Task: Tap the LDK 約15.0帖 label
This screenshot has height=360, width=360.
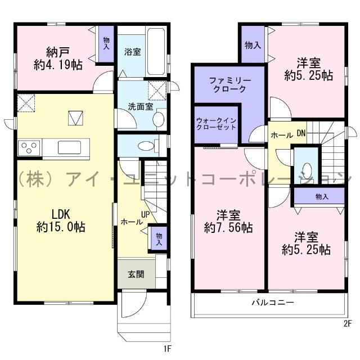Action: click(x=61, y=221)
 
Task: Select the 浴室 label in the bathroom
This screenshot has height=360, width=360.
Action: click(x=132, y=52)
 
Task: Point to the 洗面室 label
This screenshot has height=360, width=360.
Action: click(x=136, y=105)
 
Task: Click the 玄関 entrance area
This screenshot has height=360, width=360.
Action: click(x=135, y=274)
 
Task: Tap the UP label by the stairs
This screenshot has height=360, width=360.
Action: click(x=145, y=215)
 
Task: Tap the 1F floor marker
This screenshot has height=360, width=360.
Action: click(x=167, y=349)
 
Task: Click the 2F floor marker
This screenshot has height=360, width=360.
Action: click(x=347, y=323)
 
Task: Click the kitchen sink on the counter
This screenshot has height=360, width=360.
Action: click(x=70, y=148)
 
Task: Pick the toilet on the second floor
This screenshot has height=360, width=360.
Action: click(x=307, y=170)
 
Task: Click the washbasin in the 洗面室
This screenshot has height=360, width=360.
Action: click(x=158, y=119)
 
